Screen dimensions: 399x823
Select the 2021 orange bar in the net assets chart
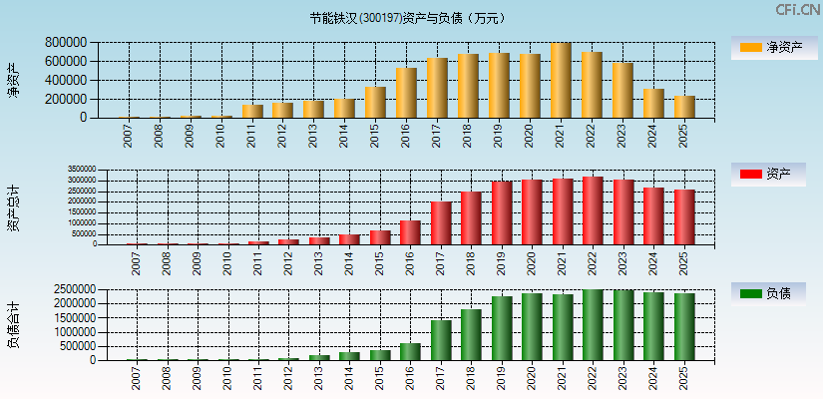(561, 81)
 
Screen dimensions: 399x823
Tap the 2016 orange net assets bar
(406, 93)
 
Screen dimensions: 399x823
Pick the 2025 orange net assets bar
(684, 107)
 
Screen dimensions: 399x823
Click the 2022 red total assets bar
(593, 210)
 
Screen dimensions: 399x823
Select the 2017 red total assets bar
(440, 222)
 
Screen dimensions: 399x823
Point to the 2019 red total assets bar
(501, 212)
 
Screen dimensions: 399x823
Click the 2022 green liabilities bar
(593, 325)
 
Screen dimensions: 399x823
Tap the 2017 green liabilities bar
(440, 340)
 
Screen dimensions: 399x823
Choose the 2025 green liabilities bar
(684, 326)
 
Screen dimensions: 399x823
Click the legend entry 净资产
(768, 47)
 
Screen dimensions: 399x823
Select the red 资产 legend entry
(768, 175)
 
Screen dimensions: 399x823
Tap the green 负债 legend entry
(768, 293)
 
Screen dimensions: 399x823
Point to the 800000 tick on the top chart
(66, 43)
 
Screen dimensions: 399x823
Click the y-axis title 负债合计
(13, 324)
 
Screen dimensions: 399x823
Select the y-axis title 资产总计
(13, 207)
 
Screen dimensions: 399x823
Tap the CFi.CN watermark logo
(797, 10)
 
